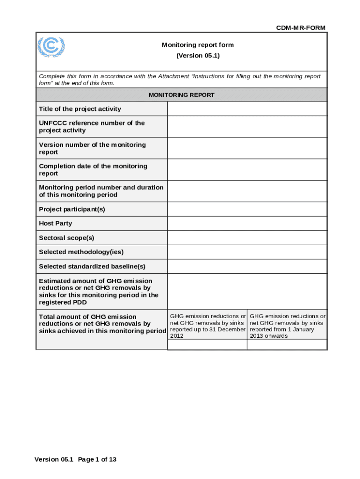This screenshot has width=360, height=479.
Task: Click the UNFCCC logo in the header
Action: (51, 47)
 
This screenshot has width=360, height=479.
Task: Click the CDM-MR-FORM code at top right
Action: (301, 28)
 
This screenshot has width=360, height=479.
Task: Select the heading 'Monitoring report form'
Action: (198, 45)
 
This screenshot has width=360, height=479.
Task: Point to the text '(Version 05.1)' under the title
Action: (198, 56)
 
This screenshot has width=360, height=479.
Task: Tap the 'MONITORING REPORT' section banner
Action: (181, 95)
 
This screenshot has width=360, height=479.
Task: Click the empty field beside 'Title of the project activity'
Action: (247, 109)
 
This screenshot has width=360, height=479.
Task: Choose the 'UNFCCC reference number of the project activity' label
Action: (92, 127)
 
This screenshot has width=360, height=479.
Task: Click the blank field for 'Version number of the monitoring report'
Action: (247, 148)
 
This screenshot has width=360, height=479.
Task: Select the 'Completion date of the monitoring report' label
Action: (93, 170)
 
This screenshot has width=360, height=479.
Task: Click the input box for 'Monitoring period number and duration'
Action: (247, 191)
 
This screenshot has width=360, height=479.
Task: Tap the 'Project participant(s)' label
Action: (72, 209)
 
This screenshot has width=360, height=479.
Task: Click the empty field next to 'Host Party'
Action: (247, 224)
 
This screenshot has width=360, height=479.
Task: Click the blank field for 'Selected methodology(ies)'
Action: (247, 252)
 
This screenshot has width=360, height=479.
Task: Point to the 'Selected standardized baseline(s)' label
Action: (92, 266)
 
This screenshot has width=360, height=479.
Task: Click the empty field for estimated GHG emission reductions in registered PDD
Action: (247, 291)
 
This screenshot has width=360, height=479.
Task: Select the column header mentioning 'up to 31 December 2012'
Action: (208, 326)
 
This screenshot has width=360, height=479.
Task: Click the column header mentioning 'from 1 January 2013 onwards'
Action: (287, 326)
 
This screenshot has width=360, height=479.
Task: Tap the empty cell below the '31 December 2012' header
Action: (207, 345)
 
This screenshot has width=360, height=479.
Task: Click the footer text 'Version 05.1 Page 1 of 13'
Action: (75, 459)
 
